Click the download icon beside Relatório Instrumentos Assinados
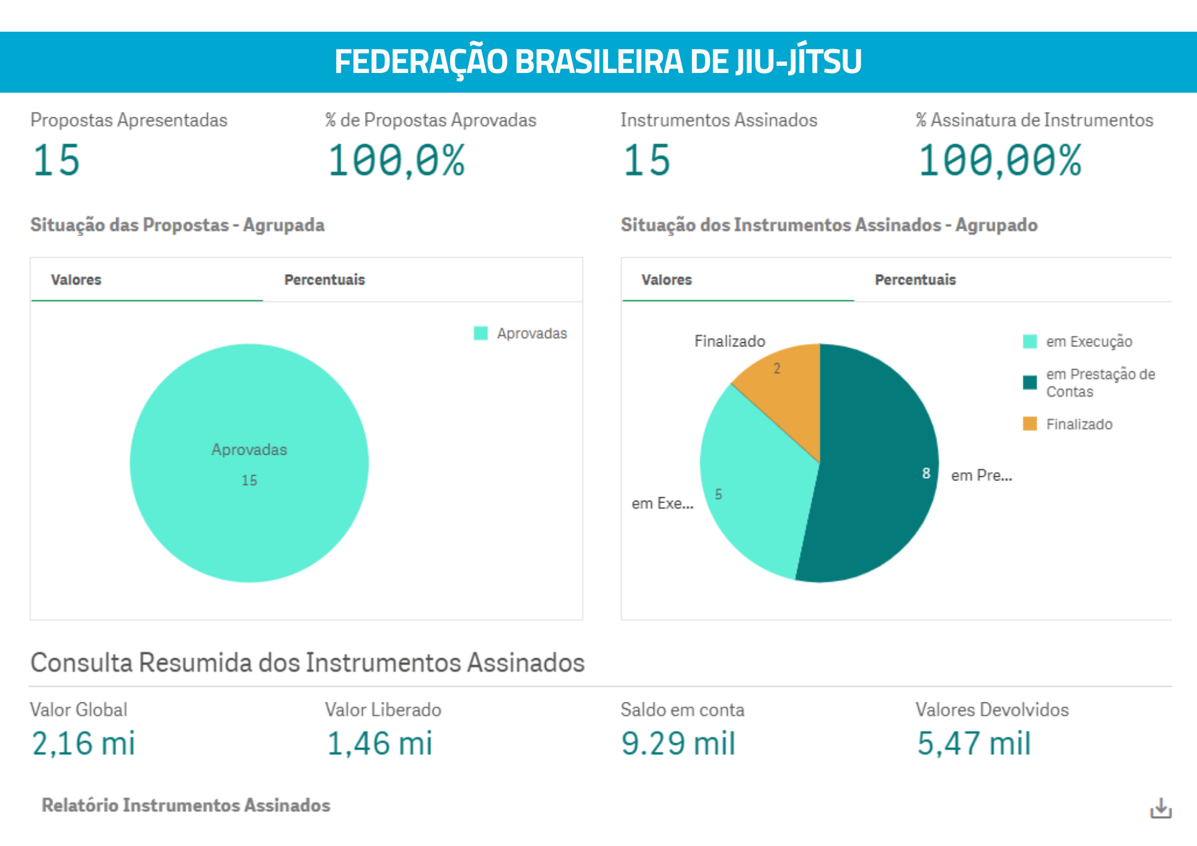click(1160, 808)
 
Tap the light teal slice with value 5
click(754, 491)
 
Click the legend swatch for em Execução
click(1029, 342)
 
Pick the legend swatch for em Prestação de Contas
click(1029, 382)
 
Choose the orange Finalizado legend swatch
click(1029, 424)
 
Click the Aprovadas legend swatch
click(481, 333)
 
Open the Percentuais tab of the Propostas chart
click(324, 279)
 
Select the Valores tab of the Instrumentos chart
click(666, 279)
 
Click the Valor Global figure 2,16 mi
click(83, 744)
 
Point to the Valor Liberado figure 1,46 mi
click(379, 744)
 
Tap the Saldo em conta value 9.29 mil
click(678, 744)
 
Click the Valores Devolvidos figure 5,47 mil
click(974, 744)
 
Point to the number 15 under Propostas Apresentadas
click(56, 160)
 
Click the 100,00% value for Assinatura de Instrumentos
click(1000, 160)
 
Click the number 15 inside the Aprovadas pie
click(249, 480)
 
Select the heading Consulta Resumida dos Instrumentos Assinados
click(307, 663)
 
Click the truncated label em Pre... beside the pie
click(982, 476)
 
